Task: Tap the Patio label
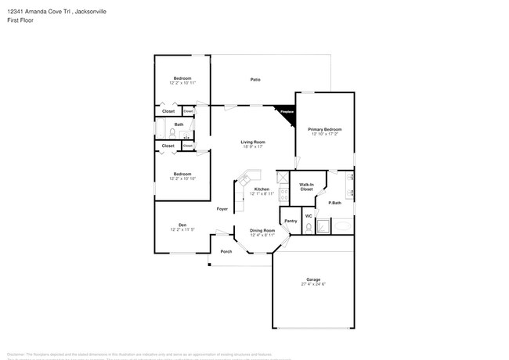[255, 80]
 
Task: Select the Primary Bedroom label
[324, 129]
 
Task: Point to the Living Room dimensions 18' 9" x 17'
[253, 146]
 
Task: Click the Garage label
[312, 279]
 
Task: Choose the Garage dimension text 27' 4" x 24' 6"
[312, 285]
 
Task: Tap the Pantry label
[290, 221]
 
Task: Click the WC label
[309, 216]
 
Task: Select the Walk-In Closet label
[306, 187]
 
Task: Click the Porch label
[226, 251]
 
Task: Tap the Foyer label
[222, 209]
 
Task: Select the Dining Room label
[262, 229]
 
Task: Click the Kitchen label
[262, 189]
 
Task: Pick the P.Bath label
[334, 203]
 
